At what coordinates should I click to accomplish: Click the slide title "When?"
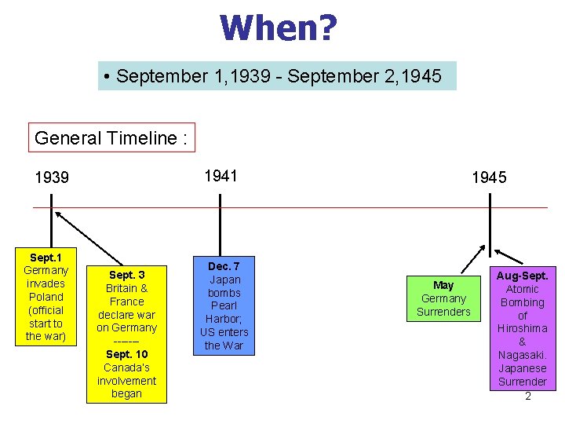click(279, 28)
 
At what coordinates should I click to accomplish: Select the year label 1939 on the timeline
click(52, 177)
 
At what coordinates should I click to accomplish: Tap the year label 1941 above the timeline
click(221, 176)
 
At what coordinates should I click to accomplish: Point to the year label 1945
click(489, 177)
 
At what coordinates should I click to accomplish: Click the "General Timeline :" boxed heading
click(111, 138)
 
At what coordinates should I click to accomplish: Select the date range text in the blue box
click(278, 76)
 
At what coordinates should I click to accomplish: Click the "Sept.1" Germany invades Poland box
click(46, 297)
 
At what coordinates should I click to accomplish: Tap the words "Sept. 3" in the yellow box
click(126, 275)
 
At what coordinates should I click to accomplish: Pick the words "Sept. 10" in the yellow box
click(126, 354)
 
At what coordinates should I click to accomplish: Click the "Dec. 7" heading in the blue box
click(224, 266)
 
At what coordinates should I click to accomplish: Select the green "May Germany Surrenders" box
click(443, 298)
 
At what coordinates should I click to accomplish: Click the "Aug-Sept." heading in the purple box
click(522, 276)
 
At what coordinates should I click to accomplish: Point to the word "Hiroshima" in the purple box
click(522, 328)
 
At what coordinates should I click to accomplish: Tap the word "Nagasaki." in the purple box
click(522, 355)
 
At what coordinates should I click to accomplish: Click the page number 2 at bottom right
click(528, 396)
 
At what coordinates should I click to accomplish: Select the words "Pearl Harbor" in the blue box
click(224, 313)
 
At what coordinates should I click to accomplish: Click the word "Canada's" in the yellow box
click(126, 367)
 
